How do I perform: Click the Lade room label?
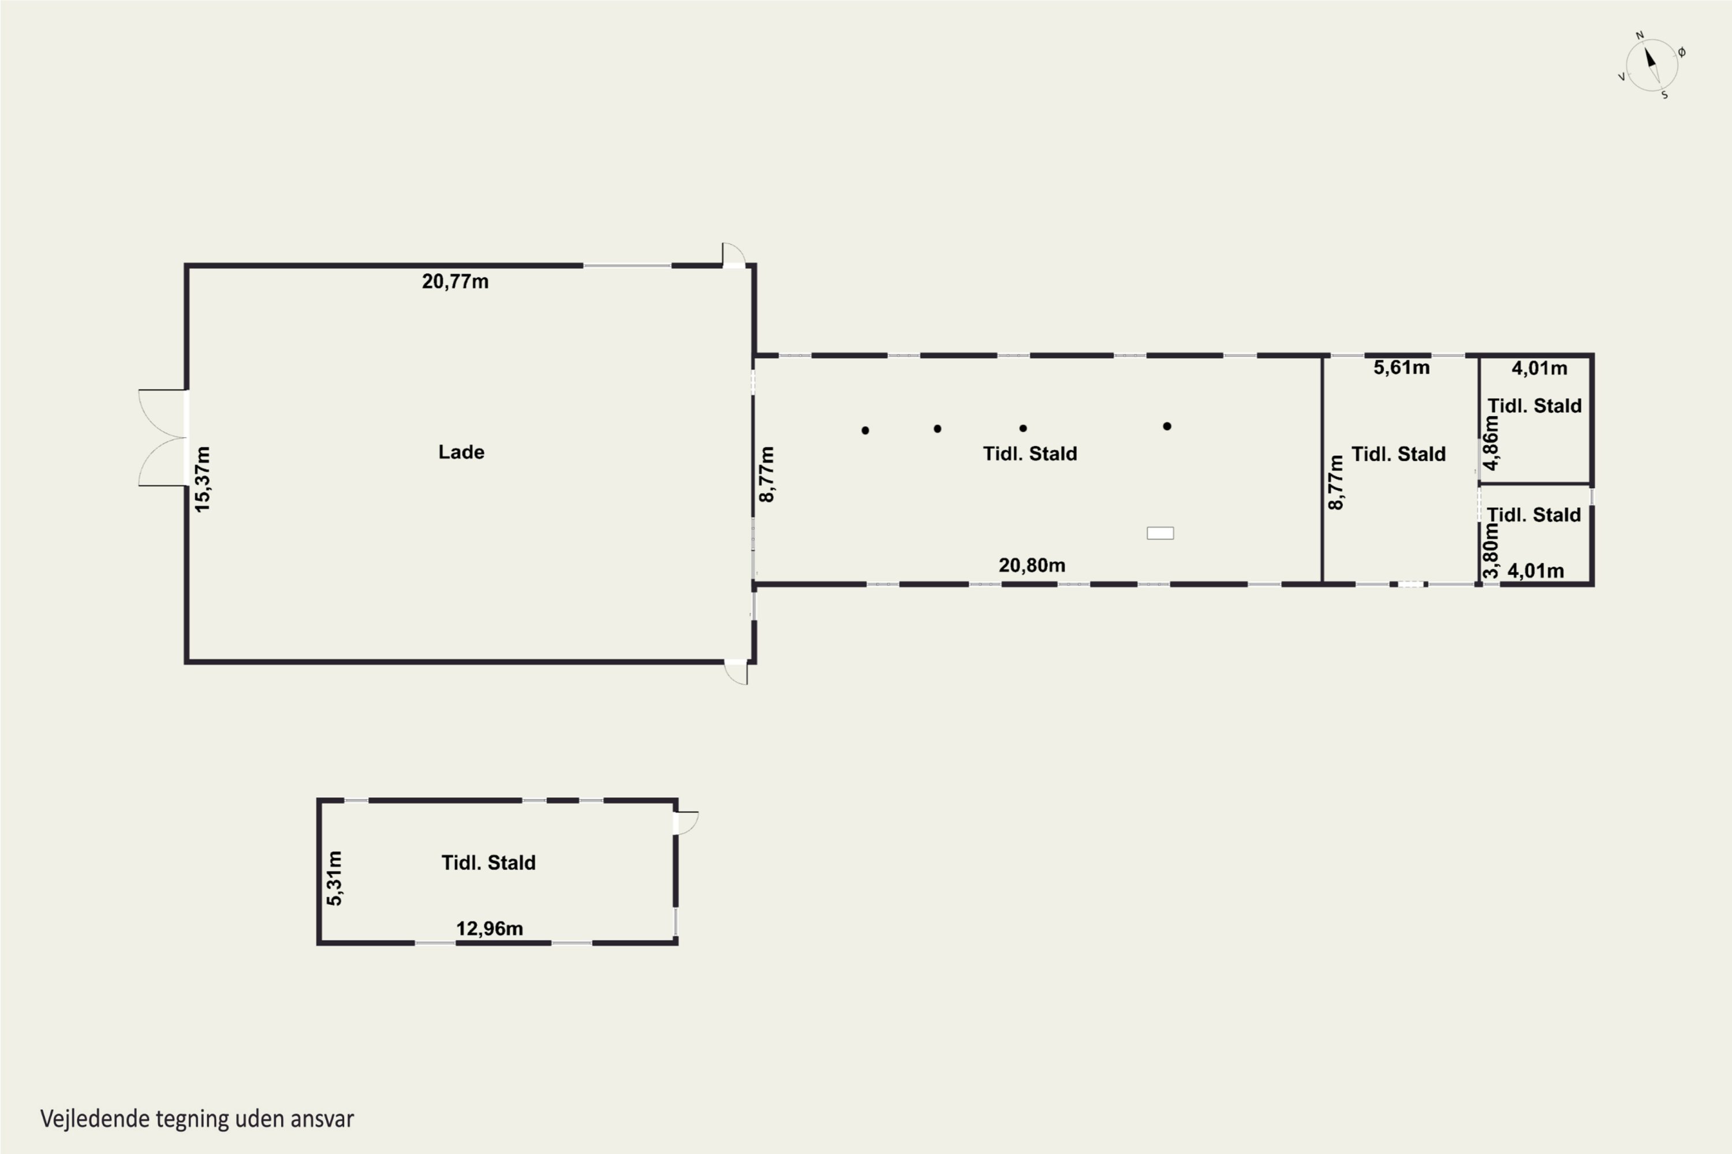tap(461, 452)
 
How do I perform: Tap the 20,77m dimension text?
tap(455, 281)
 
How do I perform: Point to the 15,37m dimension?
tap(201, 479)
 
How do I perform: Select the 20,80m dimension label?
tap(1032, 565)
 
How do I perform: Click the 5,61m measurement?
tap(1401, 367)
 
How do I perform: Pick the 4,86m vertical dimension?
tap(1491, 443)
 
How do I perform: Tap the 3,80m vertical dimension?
tap(1491, 550)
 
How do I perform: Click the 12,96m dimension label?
tap(490, 929)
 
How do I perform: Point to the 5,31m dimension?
tap(334, 878)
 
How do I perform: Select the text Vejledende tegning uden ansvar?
tap(197, 1119)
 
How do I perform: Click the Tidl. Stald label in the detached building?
tap(488, 863)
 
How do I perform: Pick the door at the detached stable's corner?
tap(686, 823)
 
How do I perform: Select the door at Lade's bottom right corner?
tap(736, 672)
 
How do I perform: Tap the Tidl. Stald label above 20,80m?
tap(1029, 454)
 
